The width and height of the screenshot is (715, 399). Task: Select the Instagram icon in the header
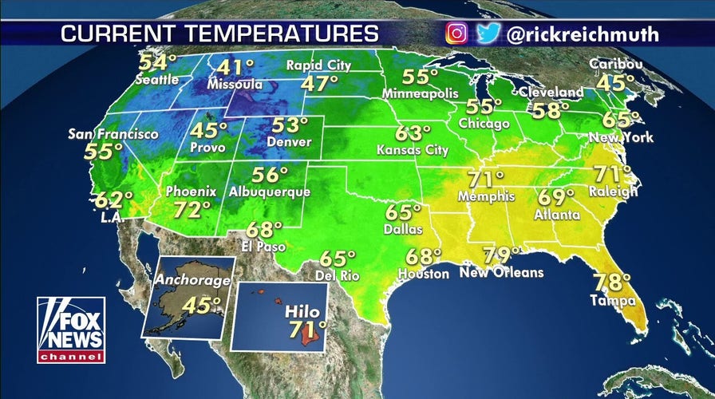tap(456, 34)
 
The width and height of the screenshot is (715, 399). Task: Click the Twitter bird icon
tap(488, 34)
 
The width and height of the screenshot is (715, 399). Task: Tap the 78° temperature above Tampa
tap(611, 282)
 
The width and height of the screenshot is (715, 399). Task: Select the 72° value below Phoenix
tap(193, 209)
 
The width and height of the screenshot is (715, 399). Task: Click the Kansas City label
tap(413, 150)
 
